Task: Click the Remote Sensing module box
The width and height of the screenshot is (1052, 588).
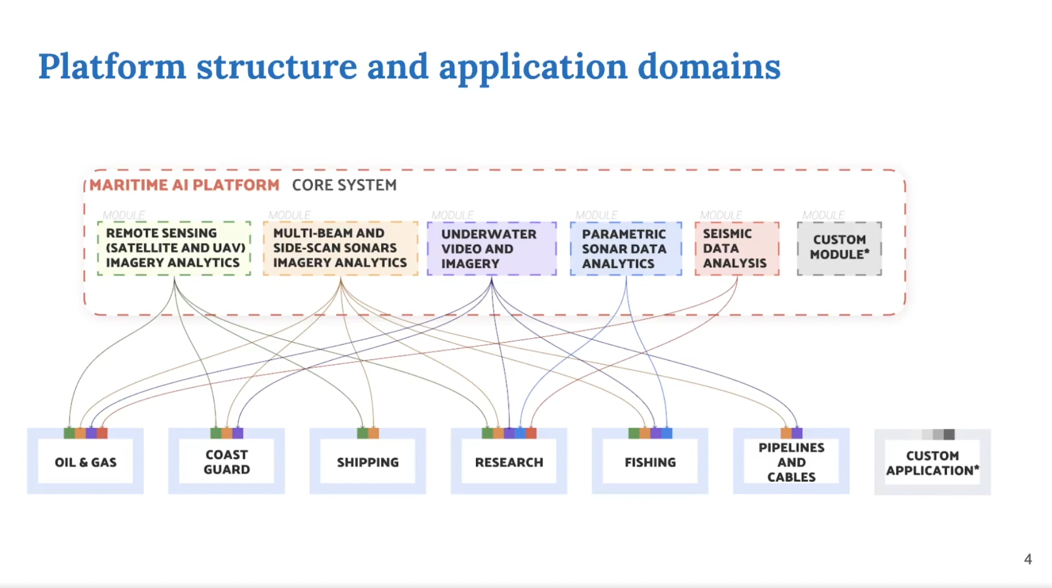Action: tap(174, 248)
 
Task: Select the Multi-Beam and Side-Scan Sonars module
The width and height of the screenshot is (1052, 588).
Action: tap(340, 248)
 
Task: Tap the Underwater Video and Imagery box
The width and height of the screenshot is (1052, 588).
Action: tap(491, 249)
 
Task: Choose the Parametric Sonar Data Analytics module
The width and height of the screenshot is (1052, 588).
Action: tap(626, 249)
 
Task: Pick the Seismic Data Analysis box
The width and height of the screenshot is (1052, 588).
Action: tap(736, 249)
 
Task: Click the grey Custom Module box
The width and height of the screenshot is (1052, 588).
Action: tap(839, 248)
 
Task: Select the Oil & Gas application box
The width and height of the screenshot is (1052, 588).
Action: tap(85, 463)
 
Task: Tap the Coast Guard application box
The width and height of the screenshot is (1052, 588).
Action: tap(226, 463)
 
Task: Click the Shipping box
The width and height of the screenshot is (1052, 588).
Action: tap(368, 463)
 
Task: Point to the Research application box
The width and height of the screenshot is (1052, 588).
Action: tap(509, 463)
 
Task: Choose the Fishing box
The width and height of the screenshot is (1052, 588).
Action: tap(650, 463)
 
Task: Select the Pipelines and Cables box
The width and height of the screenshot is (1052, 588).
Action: tap(791, 463)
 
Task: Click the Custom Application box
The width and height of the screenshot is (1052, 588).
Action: tap(932, 464)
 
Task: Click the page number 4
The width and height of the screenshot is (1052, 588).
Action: tap(1027, 560)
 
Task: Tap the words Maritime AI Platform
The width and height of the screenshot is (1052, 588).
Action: tap(184, 185)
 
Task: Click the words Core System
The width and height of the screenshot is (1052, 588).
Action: tap(344, 185)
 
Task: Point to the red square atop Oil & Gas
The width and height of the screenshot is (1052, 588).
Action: tap(102, 433)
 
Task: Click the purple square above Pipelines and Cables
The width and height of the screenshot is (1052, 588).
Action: tap(797, 433)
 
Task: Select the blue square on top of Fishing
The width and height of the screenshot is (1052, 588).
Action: tap(667, 433)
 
